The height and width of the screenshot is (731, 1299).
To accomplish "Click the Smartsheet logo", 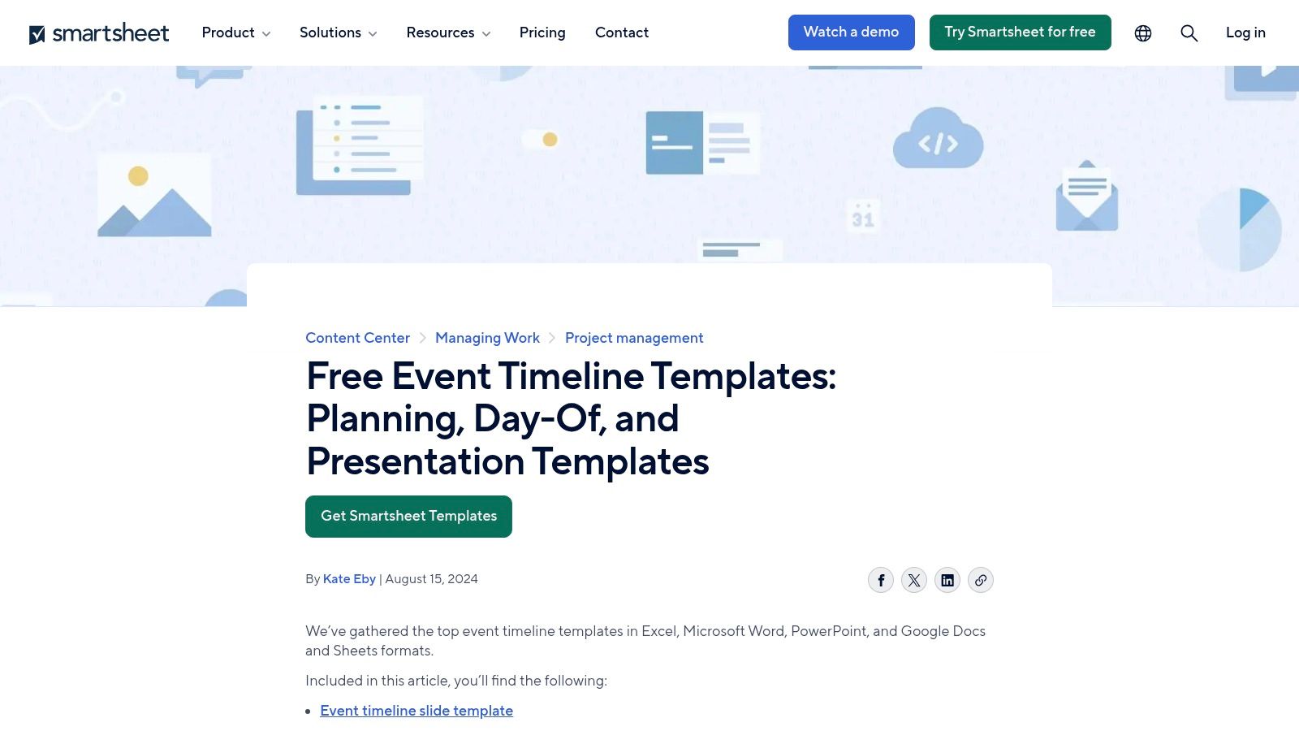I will tap(99, 33).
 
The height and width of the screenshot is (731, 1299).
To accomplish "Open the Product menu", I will tap(235, 32).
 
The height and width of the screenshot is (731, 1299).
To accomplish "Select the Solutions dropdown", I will tap(338, 32).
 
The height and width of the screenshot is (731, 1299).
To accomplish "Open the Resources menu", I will tap(448, 32).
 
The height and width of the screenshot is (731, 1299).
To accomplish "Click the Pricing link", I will tap(542, 32).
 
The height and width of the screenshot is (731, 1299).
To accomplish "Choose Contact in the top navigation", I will tap(622, 32).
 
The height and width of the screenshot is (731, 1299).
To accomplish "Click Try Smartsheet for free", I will tap(1020, 32).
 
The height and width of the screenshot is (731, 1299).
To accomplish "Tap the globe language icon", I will tap(1143, 33).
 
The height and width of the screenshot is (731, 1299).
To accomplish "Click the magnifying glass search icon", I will tap(1189, 33).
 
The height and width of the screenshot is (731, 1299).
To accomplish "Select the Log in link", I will tap(1245, 32).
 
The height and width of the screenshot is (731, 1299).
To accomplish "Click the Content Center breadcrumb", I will tap(357, 338).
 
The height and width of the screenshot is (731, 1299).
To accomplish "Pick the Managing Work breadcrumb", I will tap(487, 338).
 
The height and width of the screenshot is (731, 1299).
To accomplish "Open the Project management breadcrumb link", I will tap(634, 338).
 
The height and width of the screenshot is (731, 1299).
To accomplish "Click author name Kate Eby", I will tap(349, 579).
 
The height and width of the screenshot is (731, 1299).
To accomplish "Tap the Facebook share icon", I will tap(881, 580).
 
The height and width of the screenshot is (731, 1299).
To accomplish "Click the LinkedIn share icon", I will tap(947, 580).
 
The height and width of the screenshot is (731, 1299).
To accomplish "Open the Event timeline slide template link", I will tap(416, 711).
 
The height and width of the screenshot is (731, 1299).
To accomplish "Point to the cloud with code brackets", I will tap(938, 140).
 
